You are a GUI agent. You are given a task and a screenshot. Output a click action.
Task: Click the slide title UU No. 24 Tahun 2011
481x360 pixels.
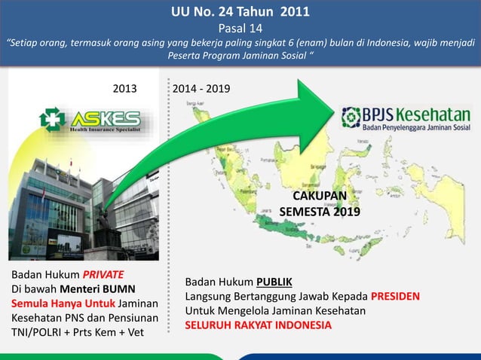click(x=240, y=12)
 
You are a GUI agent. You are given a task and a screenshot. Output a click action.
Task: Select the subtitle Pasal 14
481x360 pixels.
click(x=240, y=29)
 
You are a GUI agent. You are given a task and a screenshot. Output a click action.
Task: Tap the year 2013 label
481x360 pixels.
click(x=125, y=90)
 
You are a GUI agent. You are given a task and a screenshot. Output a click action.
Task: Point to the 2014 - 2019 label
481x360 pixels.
click(x=202, y=90)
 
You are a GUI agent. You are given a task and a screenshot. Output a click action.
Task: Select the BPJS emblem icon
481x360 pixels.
click(x=351, y=118)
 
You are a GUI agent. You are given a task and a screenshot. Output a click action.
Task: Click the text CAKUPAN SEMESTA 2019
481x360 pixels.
click(x=320, y=204)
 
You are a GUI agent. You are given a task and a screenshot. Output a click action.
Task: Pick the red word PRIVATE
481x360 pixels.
click(x=103, y=273)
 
